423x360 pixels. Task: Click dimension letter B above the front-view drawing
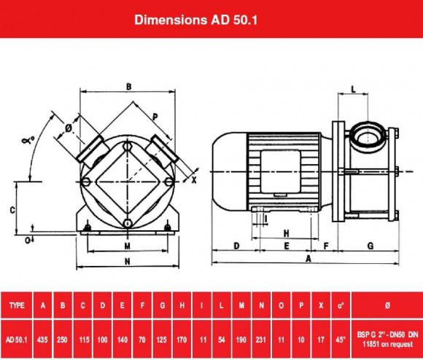pos(128,87)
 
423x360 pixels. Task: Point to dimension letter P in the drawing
pos(155,116)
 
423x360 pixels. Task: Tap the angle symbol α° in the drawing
pos(28,139)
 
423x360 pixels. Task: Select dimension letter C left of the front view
pos(12,209)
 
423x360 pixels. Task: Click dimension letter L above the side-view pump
pos(353,90)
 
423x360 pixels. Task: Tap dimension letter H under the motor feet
pos(287,233)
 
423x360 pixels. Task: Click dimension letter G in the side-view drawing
pos(370,246)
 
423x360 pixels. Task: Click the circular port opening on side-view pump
pos(362,135)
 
